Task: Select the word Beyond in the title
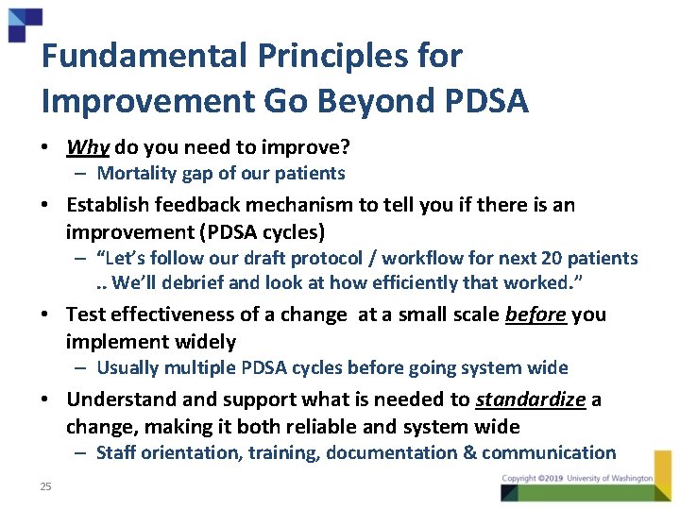tap(376, 99)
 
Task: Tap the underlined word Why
tap(88, 146)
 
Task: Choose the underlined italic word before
tap(535, 314)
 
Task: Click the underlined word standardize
tap(530, 399)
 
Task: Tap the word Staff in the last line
tap(116, 452)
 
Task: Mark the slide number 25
tap(45, 486)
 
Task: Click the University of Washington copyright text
tap(578, 479)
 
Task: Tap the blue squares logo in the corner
tap(24, 22)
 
